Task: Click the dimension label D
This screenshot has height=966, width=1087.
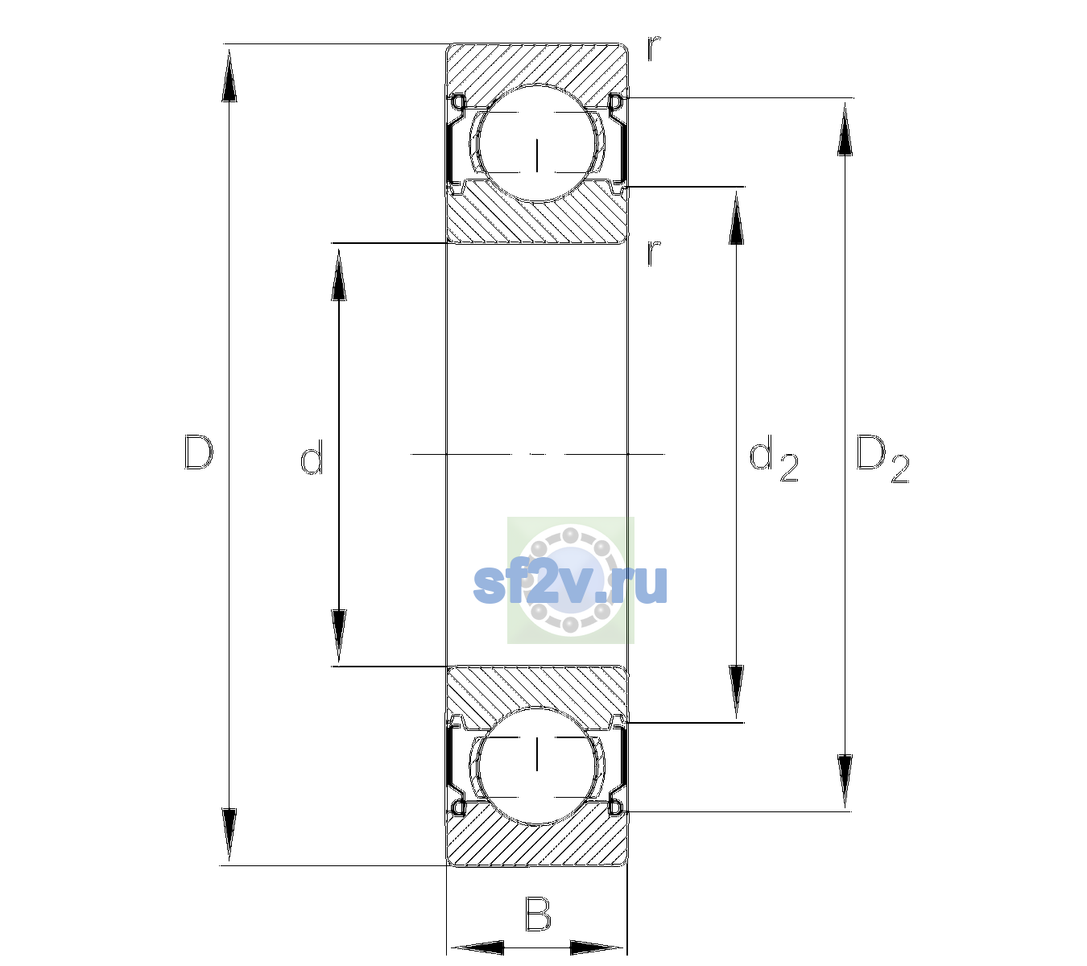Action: click(199, 452)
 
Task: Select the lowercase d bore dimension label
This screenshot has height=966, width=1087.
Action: click(312, 457)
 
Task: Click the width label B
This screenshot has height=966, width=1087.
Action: click(538, 914)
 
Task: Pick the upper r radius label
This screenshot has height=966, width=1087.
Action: click(654, 48)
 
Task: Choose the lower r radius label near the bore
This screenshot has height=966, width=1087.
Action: click(654, 253)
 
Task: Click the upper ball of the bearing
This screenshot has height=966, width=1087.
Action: click(537, 143)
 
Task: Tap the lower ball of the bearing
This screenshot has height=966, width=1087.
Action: click(537, 766)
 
